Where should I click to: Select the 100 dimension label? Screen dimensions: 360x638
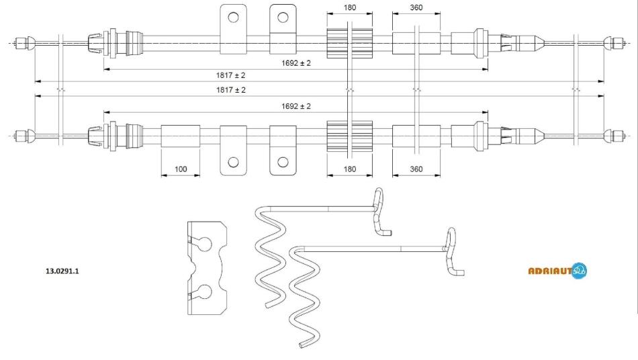pyautogui.click(x=180, y=169)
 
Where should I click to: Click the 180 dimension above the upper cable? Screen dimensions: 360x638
pyautogui.click(x=349, y=9)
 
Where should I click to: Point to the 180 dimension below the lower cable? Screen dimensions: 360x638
pyautogui.click(x=349, y=169)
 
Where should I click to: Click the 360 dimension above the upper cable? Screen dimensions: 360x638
pyautogui.click(x=416, y=9)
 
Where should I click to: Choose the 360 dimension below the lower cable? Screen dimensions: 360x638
pyautogui.click(x=416, y=169)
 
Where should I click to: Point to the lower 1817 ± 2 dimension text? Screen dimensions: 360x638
pyautogui.click(x=230, y=89)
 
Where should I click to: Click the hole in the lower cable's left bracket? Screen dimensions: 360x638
pyautogui.click(x=234, y=161)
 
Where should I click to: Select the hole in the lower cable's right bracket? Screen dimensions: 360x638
pyautogui.click(x=283, y=161)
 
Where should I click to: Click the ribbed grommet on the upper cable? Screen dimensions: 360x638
pyautogui.click(x=349, y=42)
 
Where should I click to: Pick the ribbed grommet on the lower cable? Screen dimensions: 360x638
pyautogui.click(x=349, y=136)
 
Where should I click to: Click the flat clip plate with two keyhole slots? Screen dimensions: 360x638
pyautogui.click(x=206, y=268)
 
